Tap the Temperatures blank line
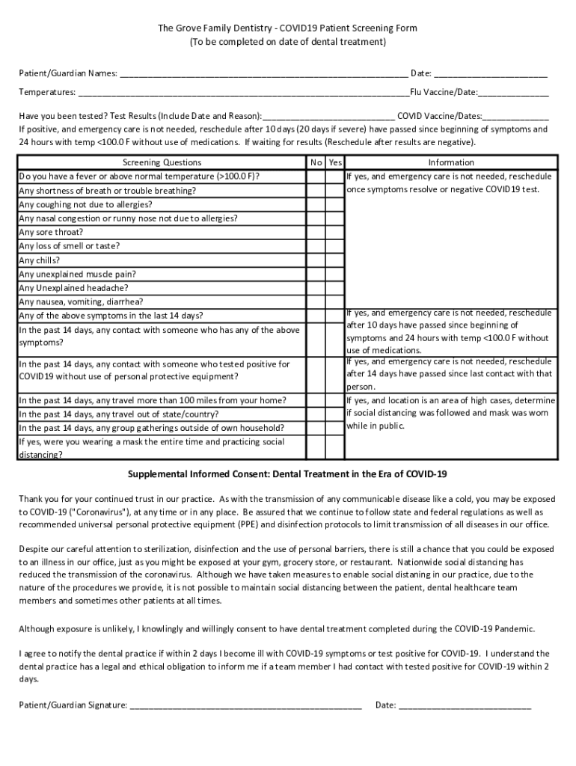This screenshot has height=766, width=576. click(x=243, y=93)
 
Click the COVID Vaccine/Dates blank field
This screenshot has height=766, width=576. click(x=515, y=117)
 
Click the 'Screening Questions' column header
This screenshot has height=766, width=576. click(x=162, y=162)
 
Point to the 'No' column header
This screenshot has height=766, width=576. click(x=316, y=162)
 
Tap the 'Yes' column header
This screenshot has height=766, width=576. click(x=335, y=162)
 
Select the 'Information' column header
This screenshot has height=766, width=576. click(x=450, y=162)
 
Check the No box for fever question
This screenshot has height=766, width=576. click(x=316, y=177)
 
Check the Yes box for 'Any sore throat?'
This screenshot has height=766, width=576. click(x=335, y=232)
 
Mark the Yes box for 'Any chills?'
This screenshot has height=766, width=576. click(x=335, y=260)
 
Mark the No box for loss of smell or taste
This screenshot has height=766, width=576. click(x=316, y=246)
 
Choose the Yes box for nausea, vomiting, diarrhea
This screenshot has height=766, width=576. click(x=335, y=301)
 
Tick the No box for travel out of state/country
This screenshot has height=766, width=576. click(x=316, y=414)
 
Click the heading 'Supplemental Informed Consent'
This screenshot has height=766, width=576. click(x=287, y=474)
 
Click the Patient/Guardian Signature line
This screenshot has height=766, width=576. click(x=246, y=705)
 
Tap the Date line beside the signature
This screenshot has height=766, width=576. click(x=465, y=705)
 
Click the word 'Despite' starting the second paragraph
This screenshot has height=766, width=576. click(x=34, y=548)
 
